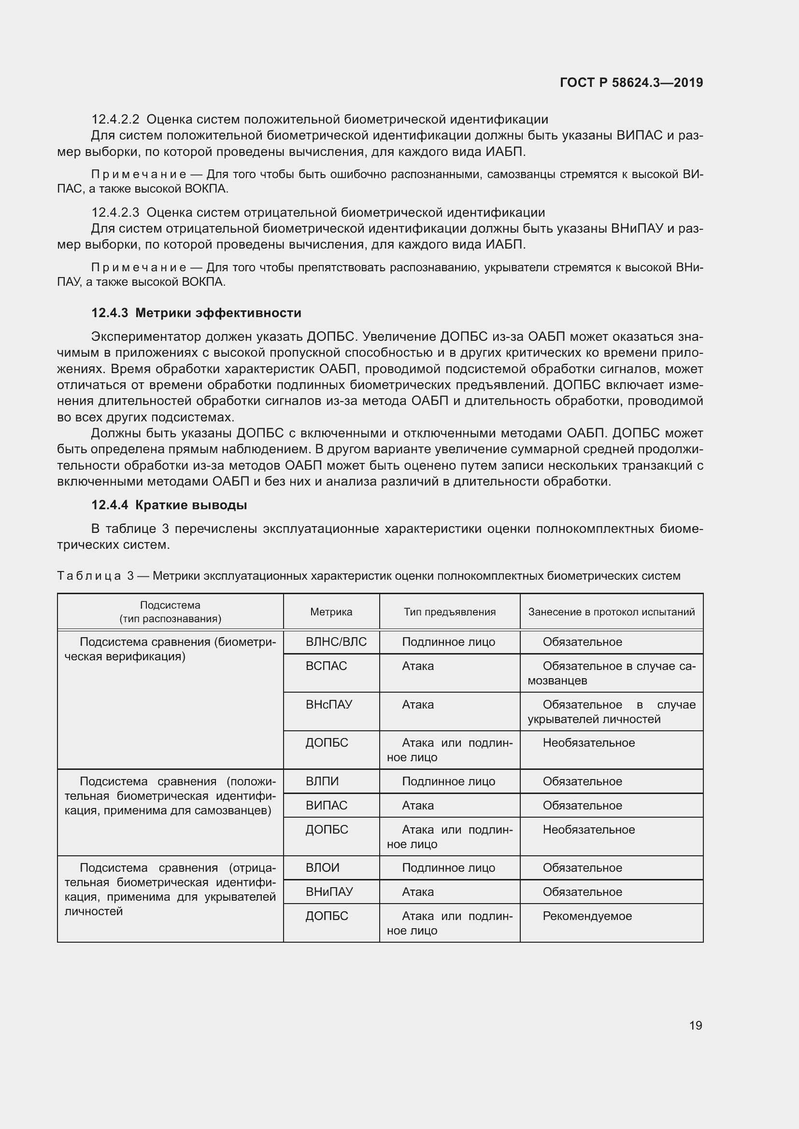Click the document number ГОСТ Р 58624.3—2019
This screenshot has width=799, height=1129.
click(631, 83)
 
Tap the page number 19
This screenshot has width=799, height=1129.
click(695, 1025)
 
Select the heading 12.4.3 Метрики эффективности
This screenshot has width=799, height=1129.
click(196, 313)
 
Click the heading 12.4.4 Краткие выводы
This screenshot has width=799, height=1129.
click(169, 505)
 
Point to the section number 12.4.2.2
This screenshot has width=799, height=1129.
click(115, 120)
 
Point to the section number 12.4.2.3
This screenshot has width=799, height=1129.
click(115, 212)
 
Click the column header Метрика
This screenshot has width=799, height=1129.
click(331, 612)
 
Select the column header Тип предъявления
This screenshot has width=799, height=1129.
click(450, 612)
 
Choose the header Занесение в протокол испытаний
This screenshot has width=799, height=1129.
click(611, 612)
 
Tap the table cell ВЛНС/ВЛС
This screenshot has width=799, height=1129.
click(336, 641)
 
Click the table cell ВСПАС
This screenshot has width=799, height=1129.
click(326, 666)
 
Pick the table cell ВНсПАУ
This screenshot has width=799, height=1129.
click(328, 704)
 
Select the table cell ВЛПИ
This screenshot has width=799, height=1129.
click(322, 781)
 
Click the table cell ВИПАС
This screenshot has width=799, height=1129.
click(326, 806)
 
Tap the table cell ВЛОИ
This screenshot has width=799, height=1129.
click(322, 868)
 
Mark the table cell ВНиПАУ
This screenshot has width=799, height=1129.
click(329, 892)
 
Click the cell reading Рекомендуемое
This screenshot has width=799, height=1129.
click(587, 916)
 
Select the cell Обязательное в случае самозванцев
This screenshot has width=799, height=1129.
click(612, 673)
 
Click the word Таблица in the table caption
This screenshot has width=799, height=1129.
click(89, 576)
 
